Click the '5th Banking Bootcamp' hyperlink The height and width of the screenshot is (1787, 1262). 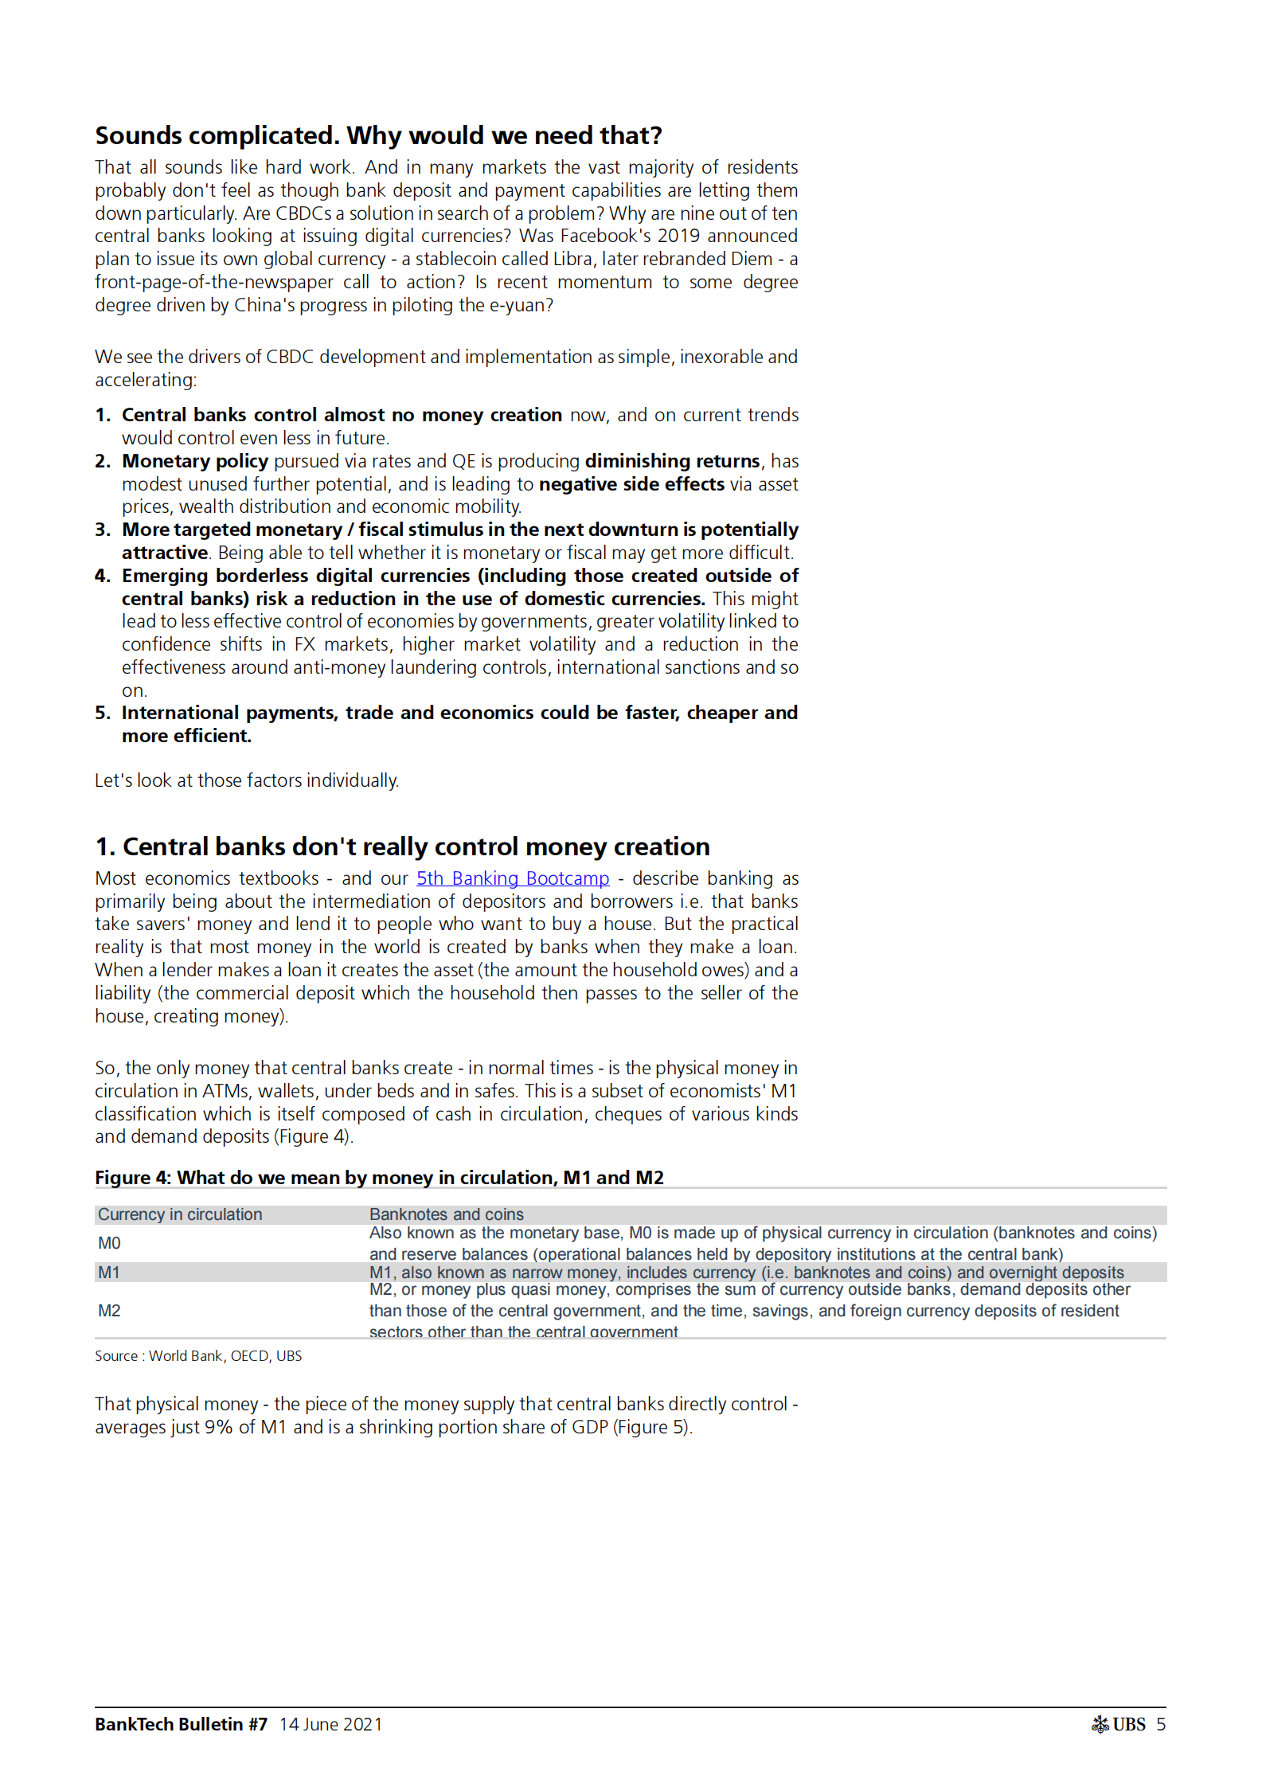coord(513,878)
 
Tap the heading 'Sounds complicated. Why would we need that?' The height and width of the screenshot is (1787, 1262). coord(378,136)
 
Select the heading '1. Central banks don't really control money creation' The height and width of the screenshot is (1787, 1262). coord(402,847)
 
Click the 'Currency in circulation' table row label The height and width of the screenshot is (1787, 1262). coord(180,1214)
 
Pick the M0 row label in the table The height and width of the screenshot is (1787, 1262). coord(109,1243)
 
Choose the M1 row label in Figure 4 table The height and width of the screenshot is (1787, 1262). coord(109,1273)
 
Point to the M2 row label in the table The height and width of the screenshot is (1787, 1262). coord(109,1311)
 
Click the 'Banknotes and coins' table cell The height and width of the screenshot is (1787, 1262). coord(446,1214)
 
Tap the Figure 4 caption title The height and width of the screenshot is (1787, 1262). coord(379,1178)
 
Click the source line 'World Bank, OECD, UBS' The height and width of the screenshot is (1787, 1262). coord(225,1356)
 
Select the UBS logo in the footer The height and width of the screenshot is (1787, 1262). coord(1118,1724)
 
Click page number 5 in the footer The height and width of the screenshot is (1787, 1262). coord(1161,1724)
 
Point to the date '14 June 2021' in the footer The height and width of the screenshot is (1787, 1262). coord(330,1724)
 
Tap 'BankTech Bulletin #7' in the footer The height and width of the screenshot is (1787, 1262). coord(181,1724)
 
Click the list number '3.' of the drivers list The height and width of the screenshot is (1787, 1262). coord(103,530)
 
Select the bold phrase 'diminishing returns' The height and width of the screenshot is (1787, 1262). coord(672,461)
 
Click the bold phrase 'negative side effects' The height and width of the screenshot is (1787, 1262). coord(631,484)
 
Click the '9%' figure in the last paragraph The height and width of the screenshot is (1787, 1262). coord(218,1427)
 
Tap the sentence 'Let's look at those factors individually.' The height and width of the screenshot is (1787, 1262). coord(247,780)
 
